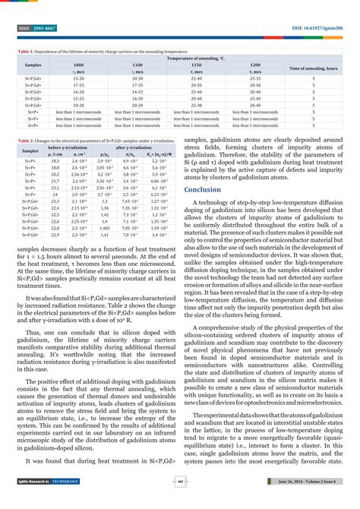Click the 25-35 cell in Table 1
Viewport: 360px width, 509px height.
tap(255, 77)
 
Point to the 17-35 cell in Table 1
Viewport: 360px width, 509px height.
tap(77, 84)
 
